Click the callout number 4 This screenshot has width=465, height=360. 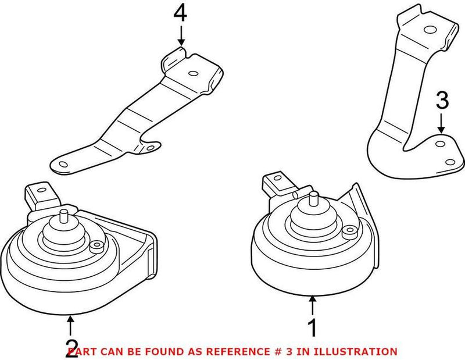pos(181,13)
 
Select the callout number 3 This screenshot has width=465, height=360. pos(442,102)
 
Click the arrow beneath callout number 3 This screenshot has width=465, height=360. pos(442,123)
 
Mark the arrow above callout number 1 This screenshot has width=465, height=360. pos(313,305)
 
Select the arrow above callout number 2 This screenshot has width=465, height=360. pos(71,323)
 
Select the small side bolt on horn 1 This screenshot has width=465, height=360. pos(349,231)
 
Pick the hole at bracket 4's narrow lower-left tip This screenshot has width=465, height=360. pos(60,165)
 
